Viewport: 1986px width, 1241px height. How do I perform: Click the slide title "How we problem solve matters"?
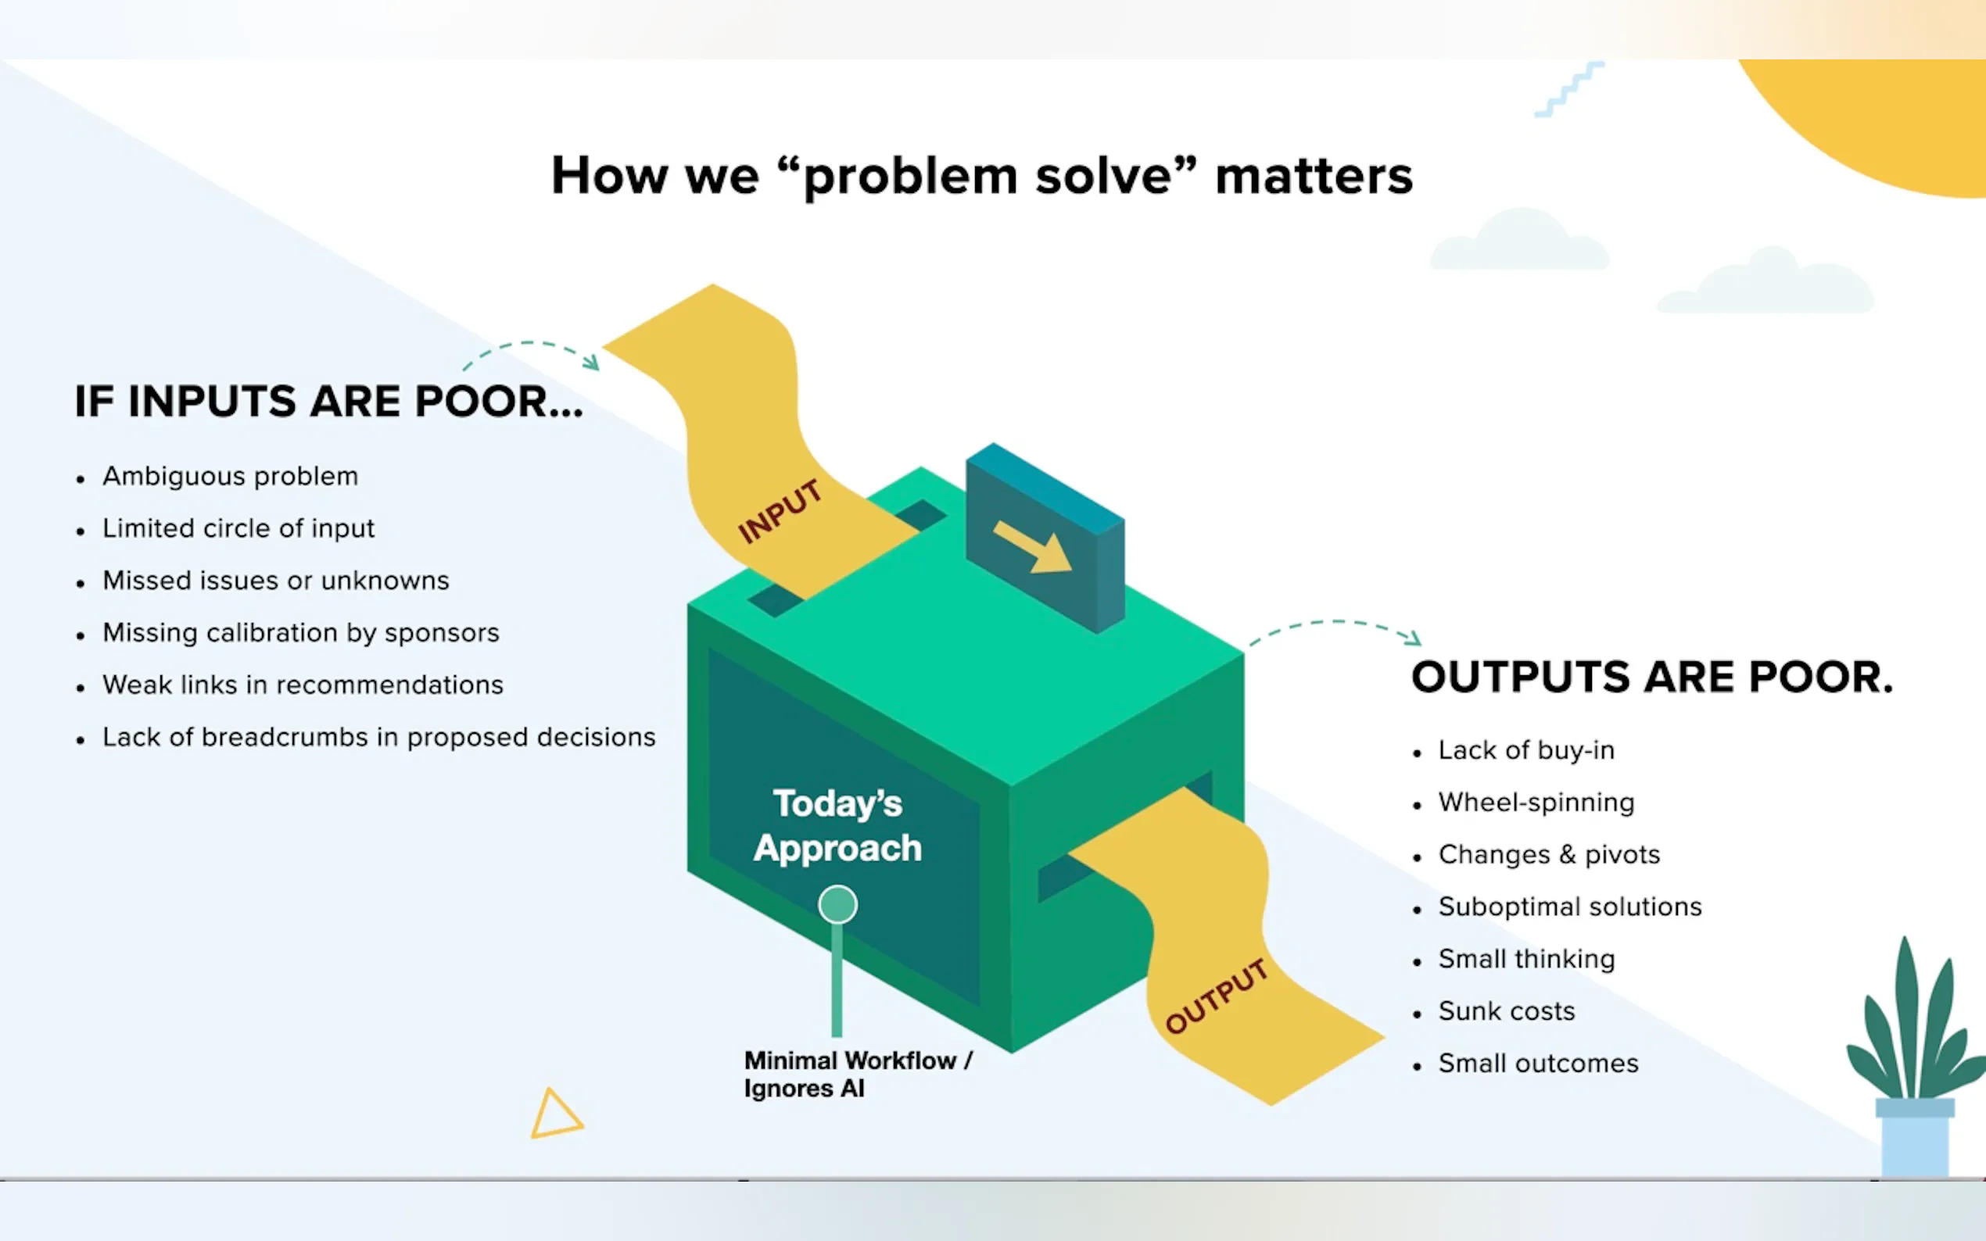[x=982, y=176]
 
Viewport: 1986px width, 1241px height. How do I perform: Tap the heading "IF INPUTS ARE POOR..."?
[x=328, y=402]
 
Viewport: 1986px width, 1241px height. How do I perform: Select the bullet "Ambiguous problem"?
[x=230, y=476]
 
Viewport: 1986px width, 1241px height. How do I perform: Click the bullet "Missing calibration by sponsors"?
[x=300, y=633]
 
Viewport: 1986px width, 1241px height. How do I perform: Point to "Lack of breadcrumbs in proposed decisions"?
[x=378, y=737]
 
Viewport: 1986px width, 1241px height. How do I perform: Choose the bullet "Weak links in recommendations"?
[x=302, y=685]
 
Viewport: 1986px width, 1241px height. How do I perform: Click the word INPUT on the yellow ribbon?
[x=780, y=512]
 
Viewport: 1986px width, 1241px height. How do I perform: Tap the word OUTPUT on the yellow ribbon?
[x=1217, y=996]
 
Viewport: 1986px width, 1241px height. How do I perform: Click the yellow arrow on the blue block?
[x=1032, y=546]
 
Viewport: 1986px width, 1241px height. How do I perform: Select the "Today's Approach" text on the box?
[x=837, y=826]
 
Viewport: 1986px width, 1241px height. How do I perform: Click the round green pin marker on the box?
[x=837, y=904]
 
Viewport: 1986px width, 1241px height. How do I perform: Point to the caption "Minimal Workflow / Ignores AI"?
[x=858, y=1075]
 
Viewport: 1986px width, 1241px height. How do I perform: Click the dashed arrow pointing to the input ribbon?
[x=530, y=343]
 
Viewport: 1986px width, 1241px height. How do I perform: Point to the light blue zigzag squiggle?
[x=1569, y=89]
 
